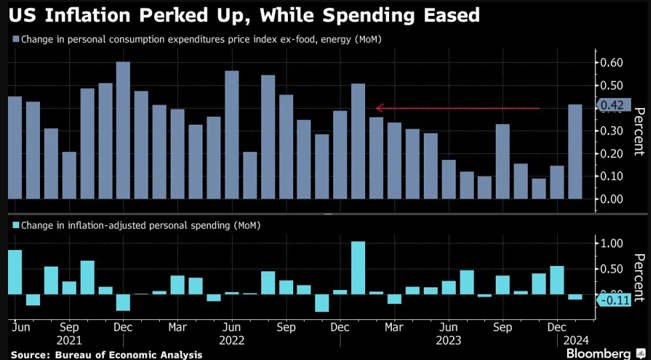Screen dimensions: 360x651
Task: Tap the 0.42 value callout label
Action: click(x=612, y=105)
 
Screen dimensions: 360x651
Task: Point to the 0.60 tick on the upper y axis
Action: click(x=612, y=63)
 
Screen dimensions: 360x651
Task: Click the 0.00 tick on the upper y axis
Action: click(x=612, y=199)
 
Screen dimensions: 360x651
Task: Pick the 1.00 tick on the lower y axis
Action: click(x=612, y=243)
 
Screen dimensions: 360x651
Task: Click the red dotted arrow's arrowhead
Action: click(x=379, y=107)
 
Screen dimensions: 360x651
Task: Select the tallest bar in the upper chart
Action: click(x=123, y=130)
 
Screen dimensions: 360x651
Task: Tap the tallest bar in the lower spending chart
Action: click(x=358, y=267)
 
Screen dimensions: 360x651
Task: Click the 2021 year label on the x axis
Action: click(x=69, y=340)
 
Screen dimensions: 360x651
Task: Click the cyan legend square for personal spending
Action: click(x=15, y=225)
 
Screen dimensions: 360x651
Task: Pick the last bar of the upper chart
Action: click(x=574, y=151)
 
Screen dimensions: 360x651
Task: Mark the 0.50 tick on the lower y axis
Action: click(x=612, y=269)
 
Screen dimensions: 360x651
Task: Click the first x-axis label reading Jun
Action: click(x=19, y=327)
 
